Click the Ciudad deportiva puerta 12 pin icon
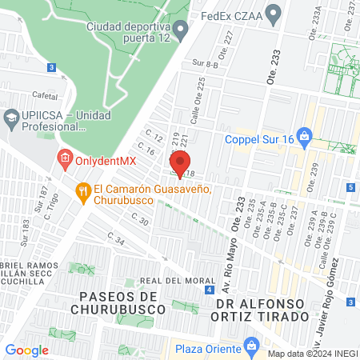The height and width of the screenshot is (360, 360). [181, 33]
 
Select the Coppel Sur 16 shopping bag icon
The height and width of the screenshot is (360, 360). [304, 135]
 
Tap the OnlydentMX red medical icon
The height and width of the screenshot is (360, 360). [66, 160]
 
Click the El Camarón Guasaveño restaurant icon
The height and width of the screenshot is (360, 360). [82, 190]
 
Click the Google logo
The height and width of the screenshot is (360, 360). [26, 350]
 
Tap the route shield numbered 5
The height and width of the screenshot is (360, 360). [351, 187]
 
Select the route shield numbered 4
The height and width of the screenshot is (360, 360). [209, 290]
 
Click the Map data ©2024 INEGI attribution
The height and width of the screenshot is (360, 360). [312, 354]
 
